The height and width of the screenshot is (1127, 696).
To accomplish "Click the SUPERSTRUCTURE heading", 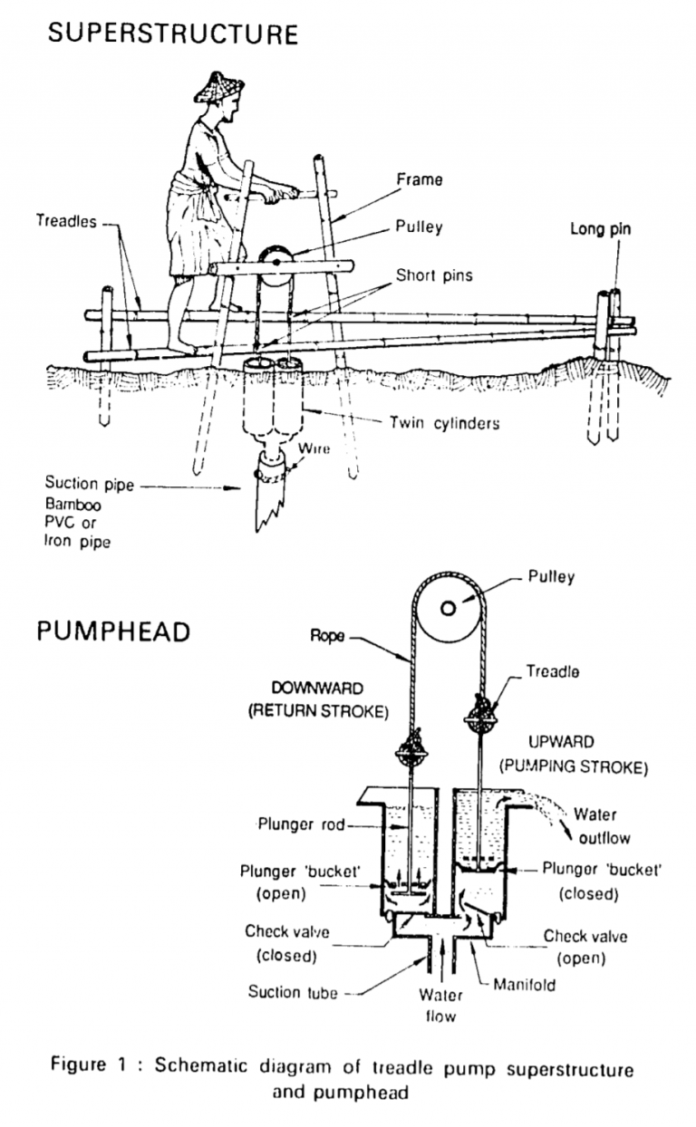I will tap(172, 34).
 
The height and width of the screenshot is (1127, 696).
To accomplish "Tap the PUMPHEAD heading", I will tap(113, 631).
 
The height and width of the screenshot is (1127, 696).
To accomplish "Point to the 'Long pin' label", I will tap(600, 229).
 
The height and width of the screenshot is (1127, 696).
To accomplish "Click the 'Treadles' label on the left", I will tap(67, 221).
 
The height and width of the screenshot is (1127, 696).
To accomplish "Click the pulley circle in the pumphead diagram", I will tap(447, 608).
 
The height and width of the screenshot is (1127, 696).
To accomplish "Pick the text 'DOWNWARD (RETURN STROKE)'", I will tap(318, 700).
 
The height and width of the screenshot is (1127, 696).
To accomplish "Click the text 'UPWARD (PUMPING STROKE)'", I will tap(573, 754).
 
